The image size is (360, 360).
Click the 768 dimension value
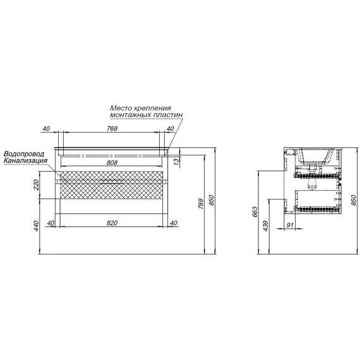(x=112, y=129)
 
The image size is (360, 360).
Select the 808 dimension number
(x=112, y=162)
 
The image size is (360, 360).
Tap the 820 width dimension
(x=112, y=223)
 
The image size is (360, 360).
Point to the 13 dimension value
(x=176, y=162)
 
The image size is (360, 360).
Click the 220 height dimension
(x=37, y=185)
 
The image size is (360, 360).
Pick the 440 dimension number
(x=37, y=226)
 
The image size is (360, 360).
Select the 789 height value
(x=201, y=203)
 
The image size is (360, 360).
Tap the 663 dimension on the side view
(x=255, y=212)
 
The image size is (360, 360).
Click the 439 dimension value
(x=266, y=226)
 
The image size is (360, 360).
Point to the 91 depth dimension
(x=290, y=225)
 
